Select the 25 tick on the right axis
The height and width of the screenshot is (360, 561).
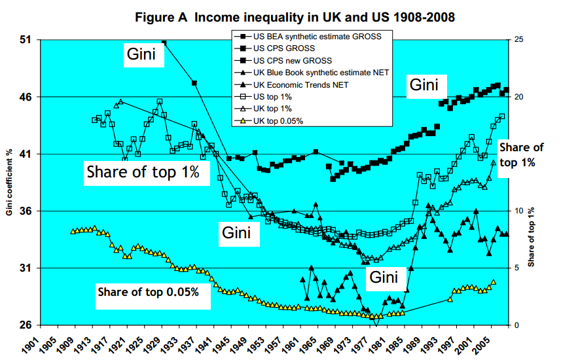[519, 41]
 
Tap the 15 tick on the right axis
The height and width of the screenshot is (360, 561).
[519, 154]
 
